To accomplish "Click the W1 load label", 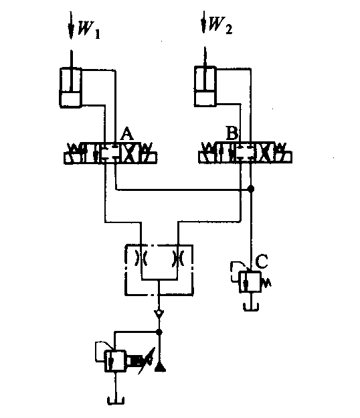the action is tap(89, 30).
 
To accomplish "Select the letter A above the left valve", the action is tap(126, 134).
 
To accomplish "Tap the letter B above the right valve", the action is tap(232, 133).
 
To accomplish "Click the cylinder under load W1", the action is tap(70, 88).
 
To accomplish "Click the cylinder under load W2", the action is tap(205, 86).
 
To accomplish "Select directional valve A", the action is tap(110, 153).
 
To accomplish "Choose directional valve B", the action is tap(245, 152).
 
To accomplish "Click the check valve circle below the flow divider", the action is tap(159, 312).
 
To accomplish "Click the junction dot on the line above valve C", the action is tap(250, 189).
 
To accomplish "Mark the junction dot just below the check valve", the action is tap(159, 332).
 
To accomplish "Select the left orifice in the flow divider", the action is tap(141, 258).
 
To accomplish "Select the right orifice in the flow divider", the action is tap(177, 258).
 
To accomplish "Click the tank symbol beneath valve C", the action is tap(251, 307).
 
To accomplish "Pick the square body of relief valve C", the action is tap(250, 282).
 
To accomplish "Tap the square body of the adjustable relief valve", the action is tap(115, 361).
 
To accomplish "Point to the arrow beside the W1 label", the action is tap(71, 25).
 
